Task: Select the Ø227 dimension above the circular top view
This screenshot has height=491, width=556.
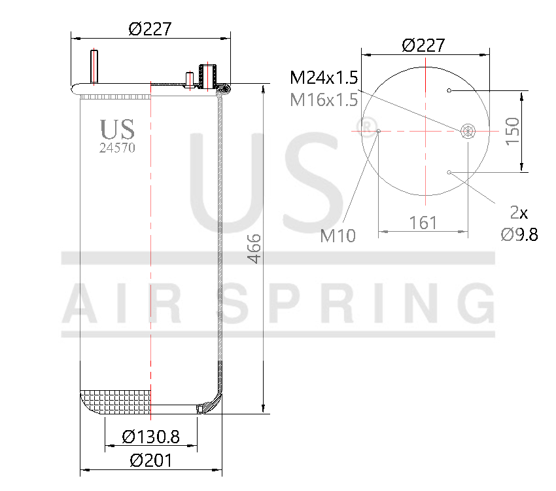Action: [x=423, y=45]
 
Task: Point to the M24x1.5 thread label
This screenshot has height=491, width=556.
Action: [x=324, y=79]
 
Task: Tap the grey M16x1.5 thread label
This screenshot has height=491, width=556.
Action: [x=324, y=100]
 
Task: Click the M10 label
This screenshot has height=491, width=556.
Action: [x=338, y=236]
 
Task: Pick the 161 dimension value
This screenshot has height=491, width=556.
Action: [x=423, y=223]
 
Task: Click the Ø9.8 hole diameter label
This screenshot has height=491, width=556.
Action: [x=519, y=234]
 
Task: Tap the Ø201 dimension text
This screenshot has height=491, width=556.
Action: [x=150, y=460]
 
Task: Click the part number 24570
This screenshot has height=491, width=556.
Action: [x=117, y=148]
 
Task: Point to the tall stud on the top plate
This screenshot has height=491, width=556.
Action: [x=94, y=66]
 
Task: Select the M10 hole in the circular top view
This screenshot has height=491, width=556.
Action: [x=379, y=131]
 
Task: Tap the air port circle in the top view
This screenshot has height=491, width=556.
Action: [x=467, y=131]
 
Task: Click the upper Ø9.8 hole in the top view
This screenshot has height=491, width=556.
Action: [x=449, y=90]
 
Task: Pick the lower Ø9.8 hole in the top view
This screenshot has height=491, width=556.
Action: [x=449, y=172]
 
